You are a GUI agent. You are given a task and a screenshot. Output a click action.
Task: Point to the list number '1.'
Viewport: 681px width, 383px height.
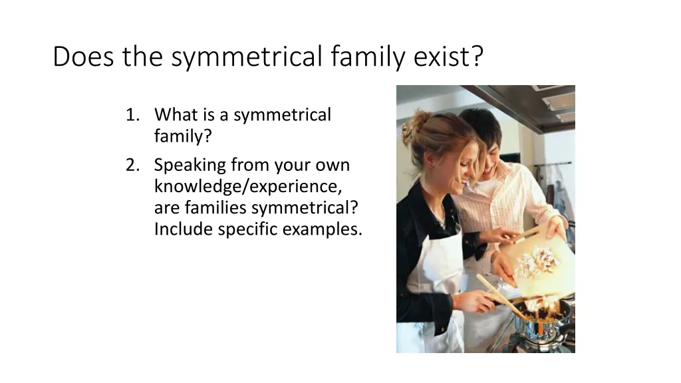[x=132, y=115]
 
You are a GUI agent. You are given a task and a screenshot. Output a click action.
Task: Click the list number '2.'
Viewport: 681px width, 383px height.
[x=132, y=165]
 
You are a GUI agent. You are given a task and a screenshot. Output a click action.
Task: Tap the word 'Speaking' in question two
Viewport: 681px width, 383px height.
[x=190, y=165]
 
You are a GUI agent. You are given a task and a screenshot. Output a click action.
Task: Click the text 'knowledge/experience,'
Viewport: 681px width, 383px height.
[x=248, y=186]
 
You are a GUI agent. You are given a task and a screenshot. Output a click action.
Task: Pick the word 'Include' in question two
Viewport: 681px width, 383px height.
[x=181, y=229]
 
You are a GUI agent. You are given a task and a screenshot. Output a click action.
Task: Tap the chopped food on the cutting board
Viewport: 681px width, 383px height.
[x=537, y=261]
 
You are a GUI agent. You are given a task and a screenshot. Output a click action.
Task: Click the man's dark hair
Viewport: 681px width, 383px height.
[x=480, y=126]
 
